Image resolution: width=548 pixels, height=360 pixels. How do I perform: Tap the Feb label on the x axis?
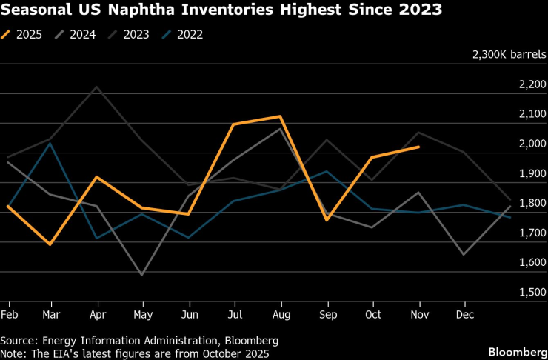(x=9, y=314)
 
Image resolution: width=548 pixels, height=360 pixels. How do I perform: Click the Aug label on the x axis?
(x=282, y=314)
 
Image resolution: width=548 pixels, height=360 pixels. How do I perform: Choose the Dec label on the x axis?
(x=464, y=314)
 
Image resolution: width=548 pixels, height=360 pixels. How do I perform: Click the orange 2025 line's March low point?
(x=50, y=244)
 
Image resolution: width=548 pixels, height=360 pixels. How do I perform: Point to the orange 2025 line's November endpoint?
(x=419, y=147)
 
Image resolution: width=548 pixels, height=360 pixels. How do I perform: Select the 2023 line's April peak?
(x=96, y=87)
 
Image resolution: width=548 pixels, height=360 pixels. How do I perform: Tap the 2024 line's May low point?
(x=141, y=275)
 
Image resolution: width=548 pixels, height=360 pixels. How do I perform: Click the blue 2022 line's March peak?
(x=50, y=143)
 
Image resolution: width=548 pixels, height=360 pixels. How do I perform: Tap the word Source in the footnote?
(x=19, y=340)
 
